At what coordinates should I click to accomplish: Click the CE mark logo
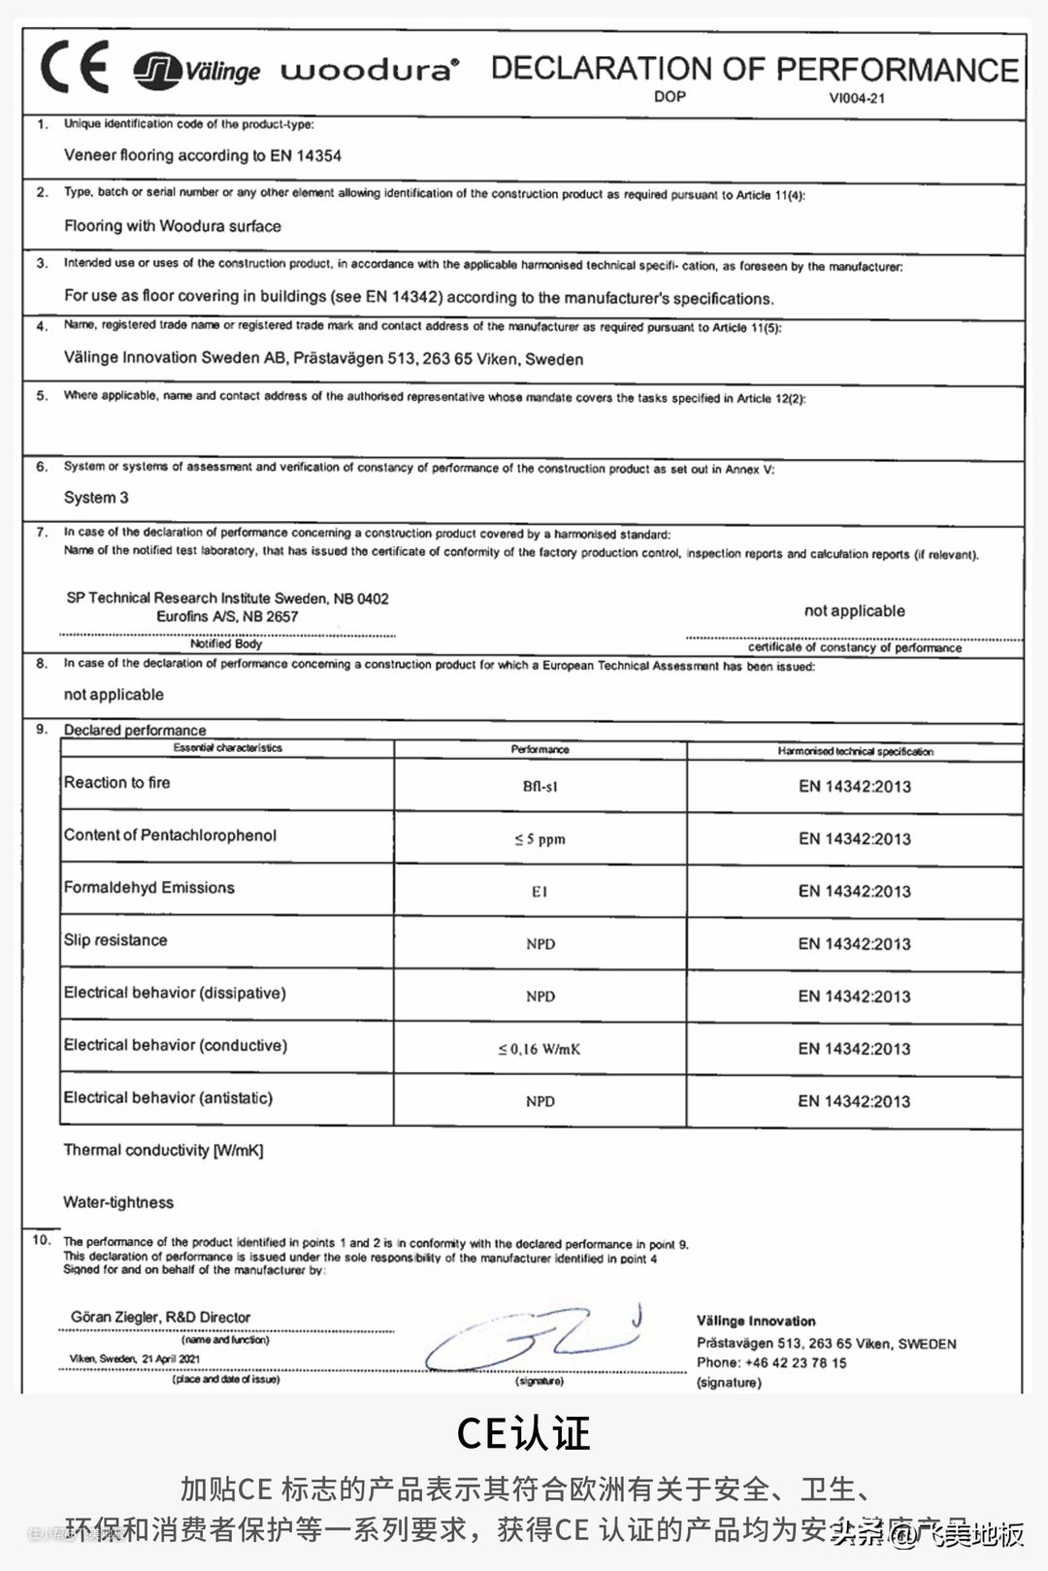click(74, 68)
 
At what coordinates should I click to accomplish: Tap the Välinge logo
click(197, 71)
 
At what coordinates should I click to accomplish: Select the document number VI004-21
click(857, 98)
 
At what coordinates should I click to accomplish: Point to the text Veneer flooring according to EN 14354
click(202, 155)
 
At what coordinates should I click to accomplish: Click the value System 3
click(96, 498)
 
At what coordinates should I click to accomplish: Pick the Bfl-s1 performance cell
click(540, 786)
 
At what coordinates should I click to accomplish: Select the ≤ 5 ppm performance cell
click(540, 839)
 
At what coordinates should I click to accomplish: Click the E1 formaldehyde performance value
click(540, 892)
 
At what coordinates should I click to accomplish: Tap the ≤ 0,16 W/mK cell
click(540, 1049)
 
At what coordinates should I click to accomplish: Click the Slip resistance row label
click(115, 940)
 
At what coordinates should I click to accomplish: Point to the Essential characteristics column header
click(227, 748)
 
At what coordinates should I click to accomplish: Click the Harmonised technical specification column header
click(855, 751)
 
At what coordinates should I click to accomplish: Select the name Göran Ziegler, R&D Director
click(160, 1317)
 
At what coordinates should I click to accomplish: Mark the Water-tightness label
click(118, 1202)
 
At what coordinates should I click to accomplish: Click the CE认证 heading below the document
click(523, 1433)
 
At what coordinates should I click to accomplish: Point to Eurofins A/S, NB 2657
click(227, 616)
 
